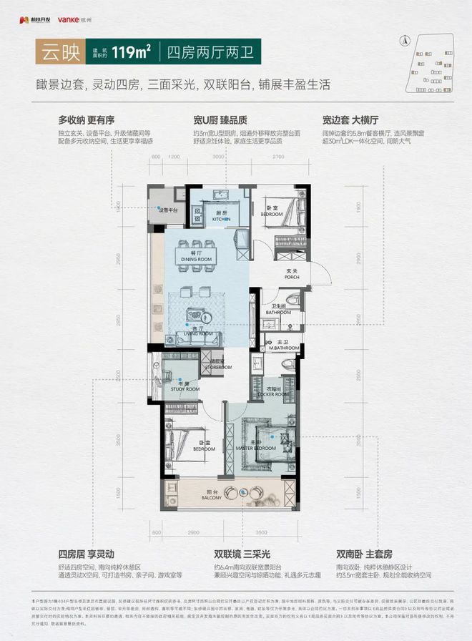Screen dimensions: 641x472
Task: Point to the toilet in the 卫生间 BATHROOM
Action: [x=290, y=300]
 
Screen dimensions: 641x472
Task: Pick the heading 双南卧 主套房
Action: [x=363, y=553]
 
